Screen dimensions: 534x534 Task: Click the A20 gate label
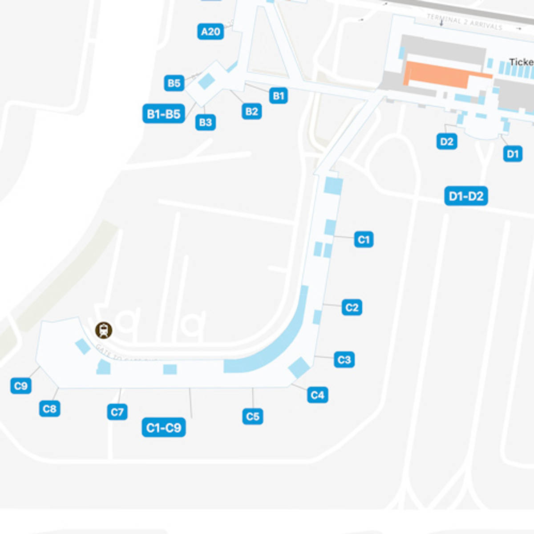tap(210, 32)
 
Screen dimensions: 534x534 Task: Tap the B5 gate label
tap(174, 83)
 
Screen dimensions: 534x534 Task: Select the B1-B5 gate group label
tap(163, 114)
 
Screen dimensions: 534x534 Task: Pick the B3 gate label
tap(205, 122)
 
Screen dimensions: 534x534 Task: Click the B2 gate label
tap(251, 111)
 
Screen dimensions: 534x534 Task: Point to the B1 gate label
tap(278, 96)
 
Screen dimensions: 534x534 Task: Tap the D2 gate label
tap(446, 142)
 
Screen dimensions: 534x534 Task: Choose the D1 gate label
tap(513, 154)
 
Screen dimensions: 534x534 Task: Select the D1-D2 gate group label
tap(466, 196)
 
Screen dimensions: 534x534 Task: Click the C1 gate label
tap(364, 240)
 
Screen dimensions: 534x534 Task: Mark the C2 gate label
tap(352, 307)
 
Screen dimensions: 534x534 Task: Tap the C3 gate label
tap(344, 360)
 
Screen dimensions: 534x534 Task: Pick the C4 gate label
tap(317, 395)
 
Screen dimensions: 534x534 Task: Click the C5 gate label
tap(252, 417)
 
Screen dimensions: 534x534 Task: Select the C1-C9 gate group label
tap(163, 428)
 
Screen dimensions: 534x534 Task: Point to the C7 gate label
tap(117, 412)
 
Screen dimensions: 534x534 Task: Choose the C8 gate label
tap(49, 409)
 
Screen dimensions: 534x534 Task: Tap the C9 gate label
tap(21, 386)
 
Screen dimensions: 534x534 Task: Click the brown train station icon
tap(104, 330)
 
